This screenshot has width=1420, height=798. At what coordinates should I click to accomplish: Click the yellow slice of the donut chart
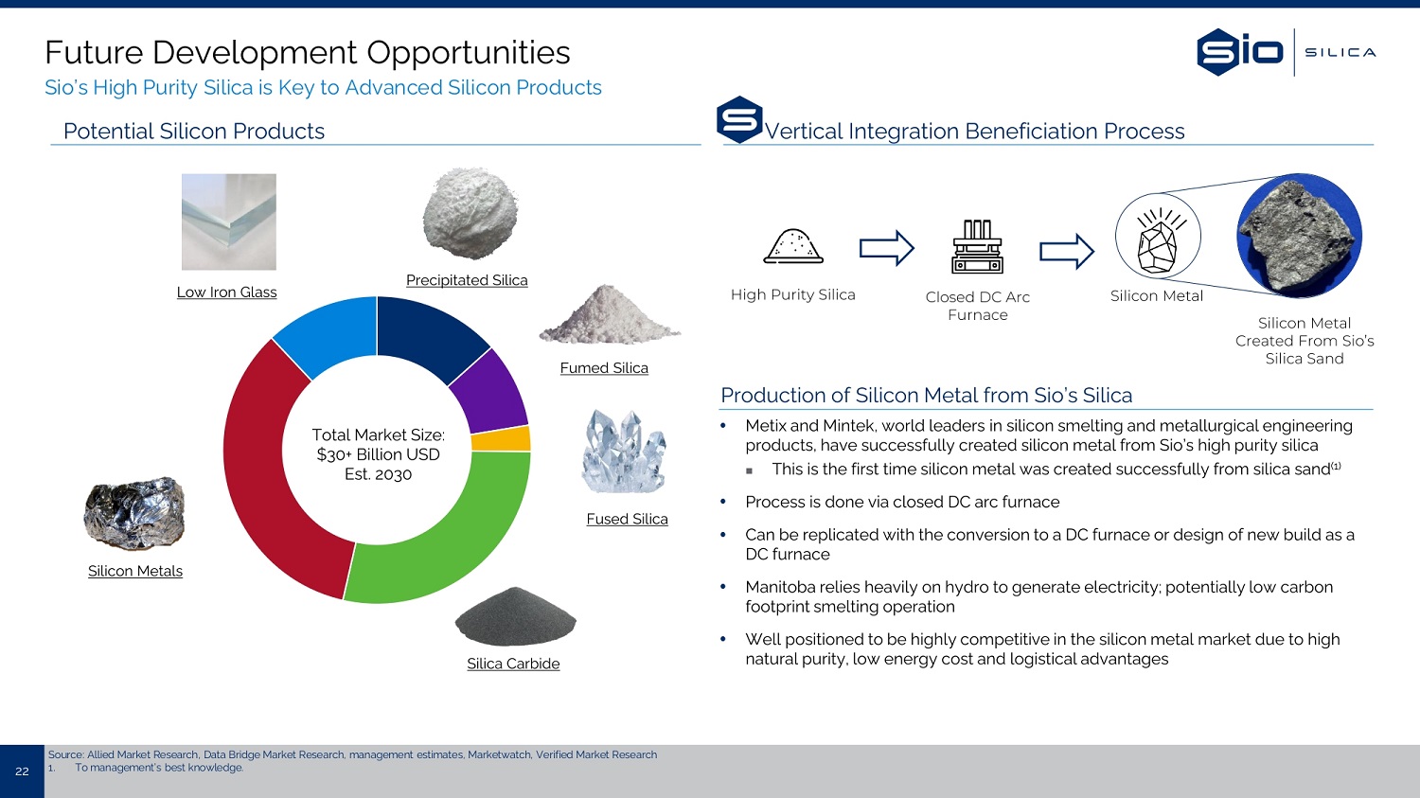[x=501, y=438]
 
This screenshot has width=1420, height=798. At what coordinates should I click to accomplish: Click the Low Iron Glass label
[x=227, y=293]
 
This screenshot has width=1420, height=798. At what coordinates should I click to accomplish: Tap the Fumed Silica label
[x=604, y=367]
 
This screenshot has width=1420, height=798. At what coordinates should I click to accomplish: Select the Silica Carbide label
[x=513, y=664]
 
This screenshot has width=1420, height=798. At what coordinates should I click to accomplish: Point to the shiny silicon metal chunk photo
[x=134, y=513]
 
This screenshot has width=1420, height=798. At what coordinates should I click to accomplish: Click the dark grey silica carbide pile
[x=515, y=616]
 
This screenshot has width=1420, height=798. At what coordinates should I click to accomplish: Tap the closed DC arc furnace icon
[x=978, y=246]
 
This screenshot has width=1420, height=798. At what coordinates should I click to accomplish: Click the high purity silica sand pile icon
[x=793, y=246]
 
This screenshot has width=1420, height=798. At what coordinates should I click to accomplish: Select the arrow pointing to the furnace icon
[x=886, y=248]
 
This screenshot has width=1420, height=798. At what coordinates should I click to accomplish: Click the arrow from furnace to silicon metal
[x=1067, y=251]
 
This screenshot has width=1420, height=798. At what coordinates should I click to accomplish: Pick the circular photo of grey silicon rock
[x=1300, y=236]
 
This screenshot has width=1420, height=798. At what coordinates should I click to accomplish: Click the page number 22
[x=22, y=771]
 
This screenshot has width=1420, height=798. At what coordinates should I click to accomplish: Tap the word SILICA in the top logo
[x=1340, y=53]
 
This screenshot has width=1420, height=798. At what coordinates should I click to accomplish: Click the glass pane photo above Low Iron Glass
[x=229, y=222]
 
